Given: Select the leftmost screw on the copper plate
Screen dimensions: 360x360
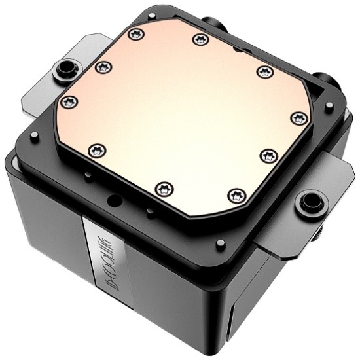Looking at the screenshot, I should tap(69, 101).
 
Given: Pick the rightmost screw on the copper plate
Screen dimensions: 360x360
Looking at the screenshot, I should tap(299, 117).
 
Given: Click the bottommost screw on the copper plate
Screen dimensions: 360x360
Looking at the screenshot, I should tap(236, 194).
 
